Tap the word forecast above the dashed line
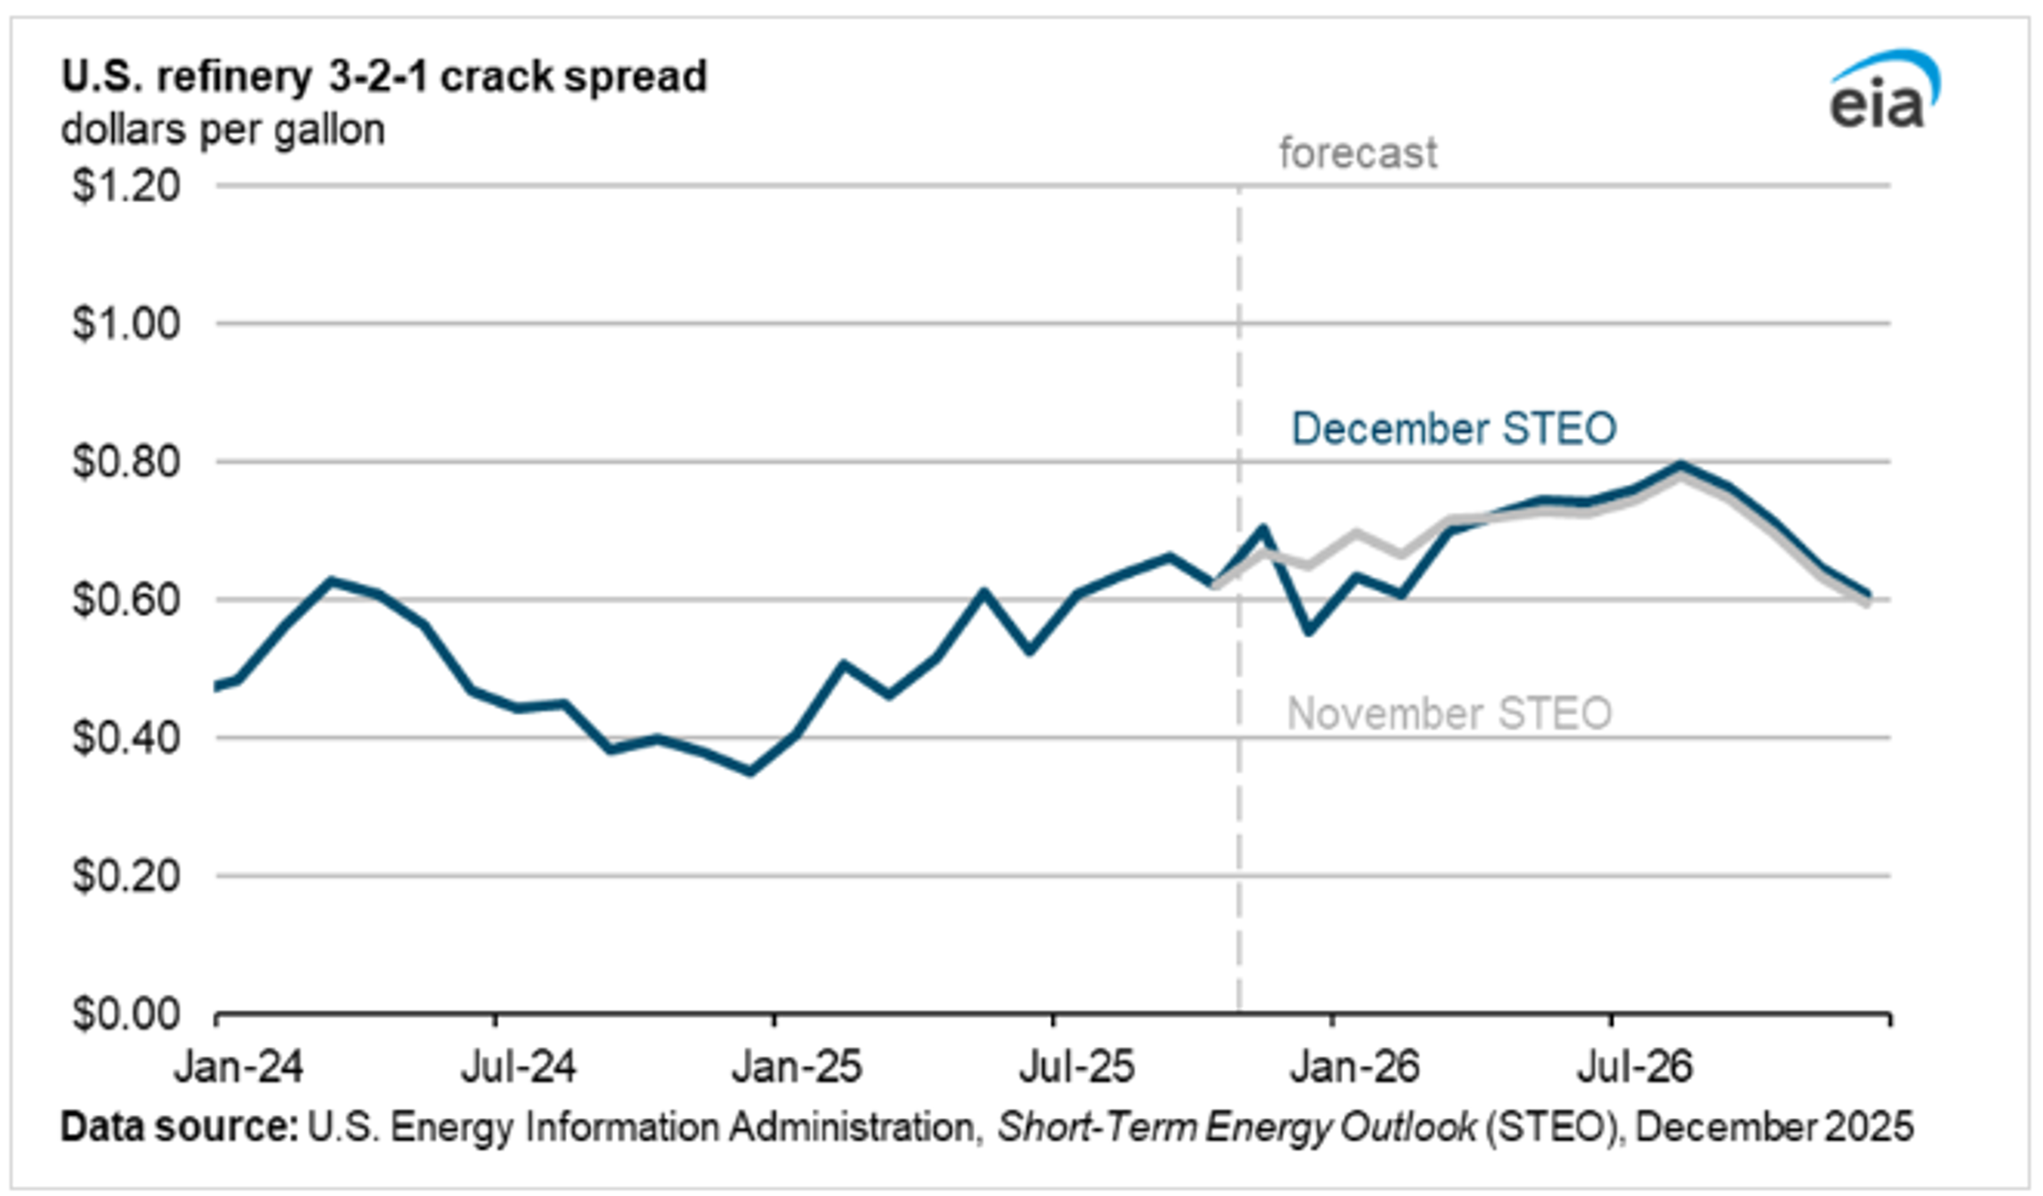pos(1357,153)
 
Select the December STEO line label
pos(1453,428)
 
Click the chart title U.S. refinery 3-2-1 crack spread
pos(384,77)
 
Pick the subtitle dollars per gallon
pos(223,130)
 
